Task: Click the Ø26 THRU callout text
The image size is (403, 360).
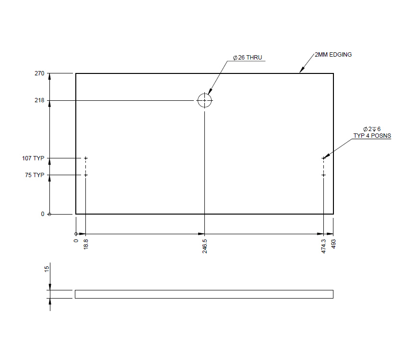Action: tap(248, 58)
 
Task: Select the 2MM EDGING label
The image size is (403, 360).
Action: tap(333, 55)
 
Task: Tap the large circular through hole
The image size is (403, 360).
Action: tap(204, 100)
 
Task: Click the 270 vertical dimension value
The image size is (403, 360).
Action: tap(39, 73)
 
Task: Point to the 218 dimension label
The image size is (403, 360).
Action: tap(39, 100)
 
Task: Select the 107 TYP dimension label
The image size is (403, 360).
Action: tap(33, 158)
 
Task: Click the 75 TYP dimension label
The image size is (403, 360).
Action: tap(35, 175)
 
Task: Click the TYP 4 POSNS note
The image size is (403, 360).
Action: tap(372, 136)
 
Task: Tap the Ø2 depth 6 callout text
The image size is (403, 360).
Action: tap(372, 129)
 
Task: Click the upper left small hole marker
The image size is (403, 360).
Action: tap(86, 158)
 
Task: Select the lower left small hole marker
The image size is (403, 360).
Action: tap(86, 175)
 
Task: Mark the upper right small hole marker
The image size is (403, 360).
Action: tap(323, 158)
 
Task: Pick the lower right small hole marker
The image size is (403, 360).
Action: tap(323, 175)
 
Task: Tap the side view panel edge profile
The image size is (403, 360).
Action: tap(204, 294)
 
